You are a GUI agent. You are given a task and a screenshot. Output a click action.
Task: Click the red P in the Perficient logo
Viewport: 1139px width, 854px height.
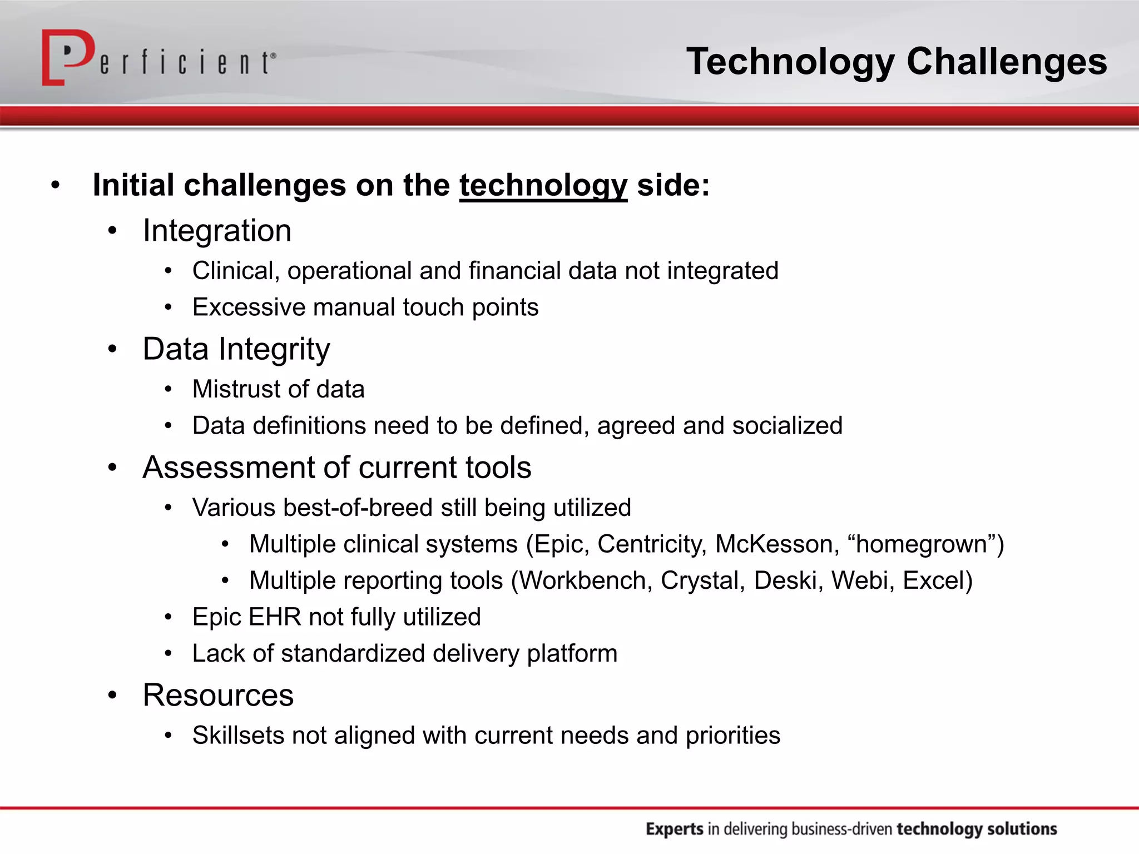click(67, 56)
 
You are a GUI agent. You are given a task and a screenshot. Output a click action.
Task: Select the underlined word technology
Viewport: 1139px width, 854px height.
click(543, 186)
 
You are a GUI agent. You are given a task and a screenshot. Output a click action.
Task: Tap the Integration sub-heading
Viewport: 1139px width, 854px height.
click(217, 231)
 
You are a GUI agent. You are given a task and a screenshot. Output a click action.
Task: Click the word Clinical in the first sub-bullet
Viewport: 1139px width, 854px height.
click(235, 271)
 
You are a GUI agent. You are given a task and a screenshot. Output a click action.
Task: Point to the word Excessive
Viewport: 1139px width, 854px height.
click(249, 307)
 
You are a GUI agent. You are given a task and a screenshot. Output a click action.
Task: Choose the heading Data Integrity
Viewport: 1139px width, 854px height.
click(236, 349)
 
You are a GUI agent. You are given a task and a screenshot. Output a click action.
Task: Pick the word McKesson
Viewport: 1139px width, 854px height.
click(776, 544)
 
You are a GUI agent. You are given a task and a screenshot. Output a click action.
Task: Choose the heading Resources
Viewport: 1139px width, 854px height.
click(218, 696)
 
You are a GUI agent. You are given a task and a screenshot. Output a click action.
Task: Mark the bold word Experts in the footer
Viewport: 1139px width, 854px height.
click(674, 829)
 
